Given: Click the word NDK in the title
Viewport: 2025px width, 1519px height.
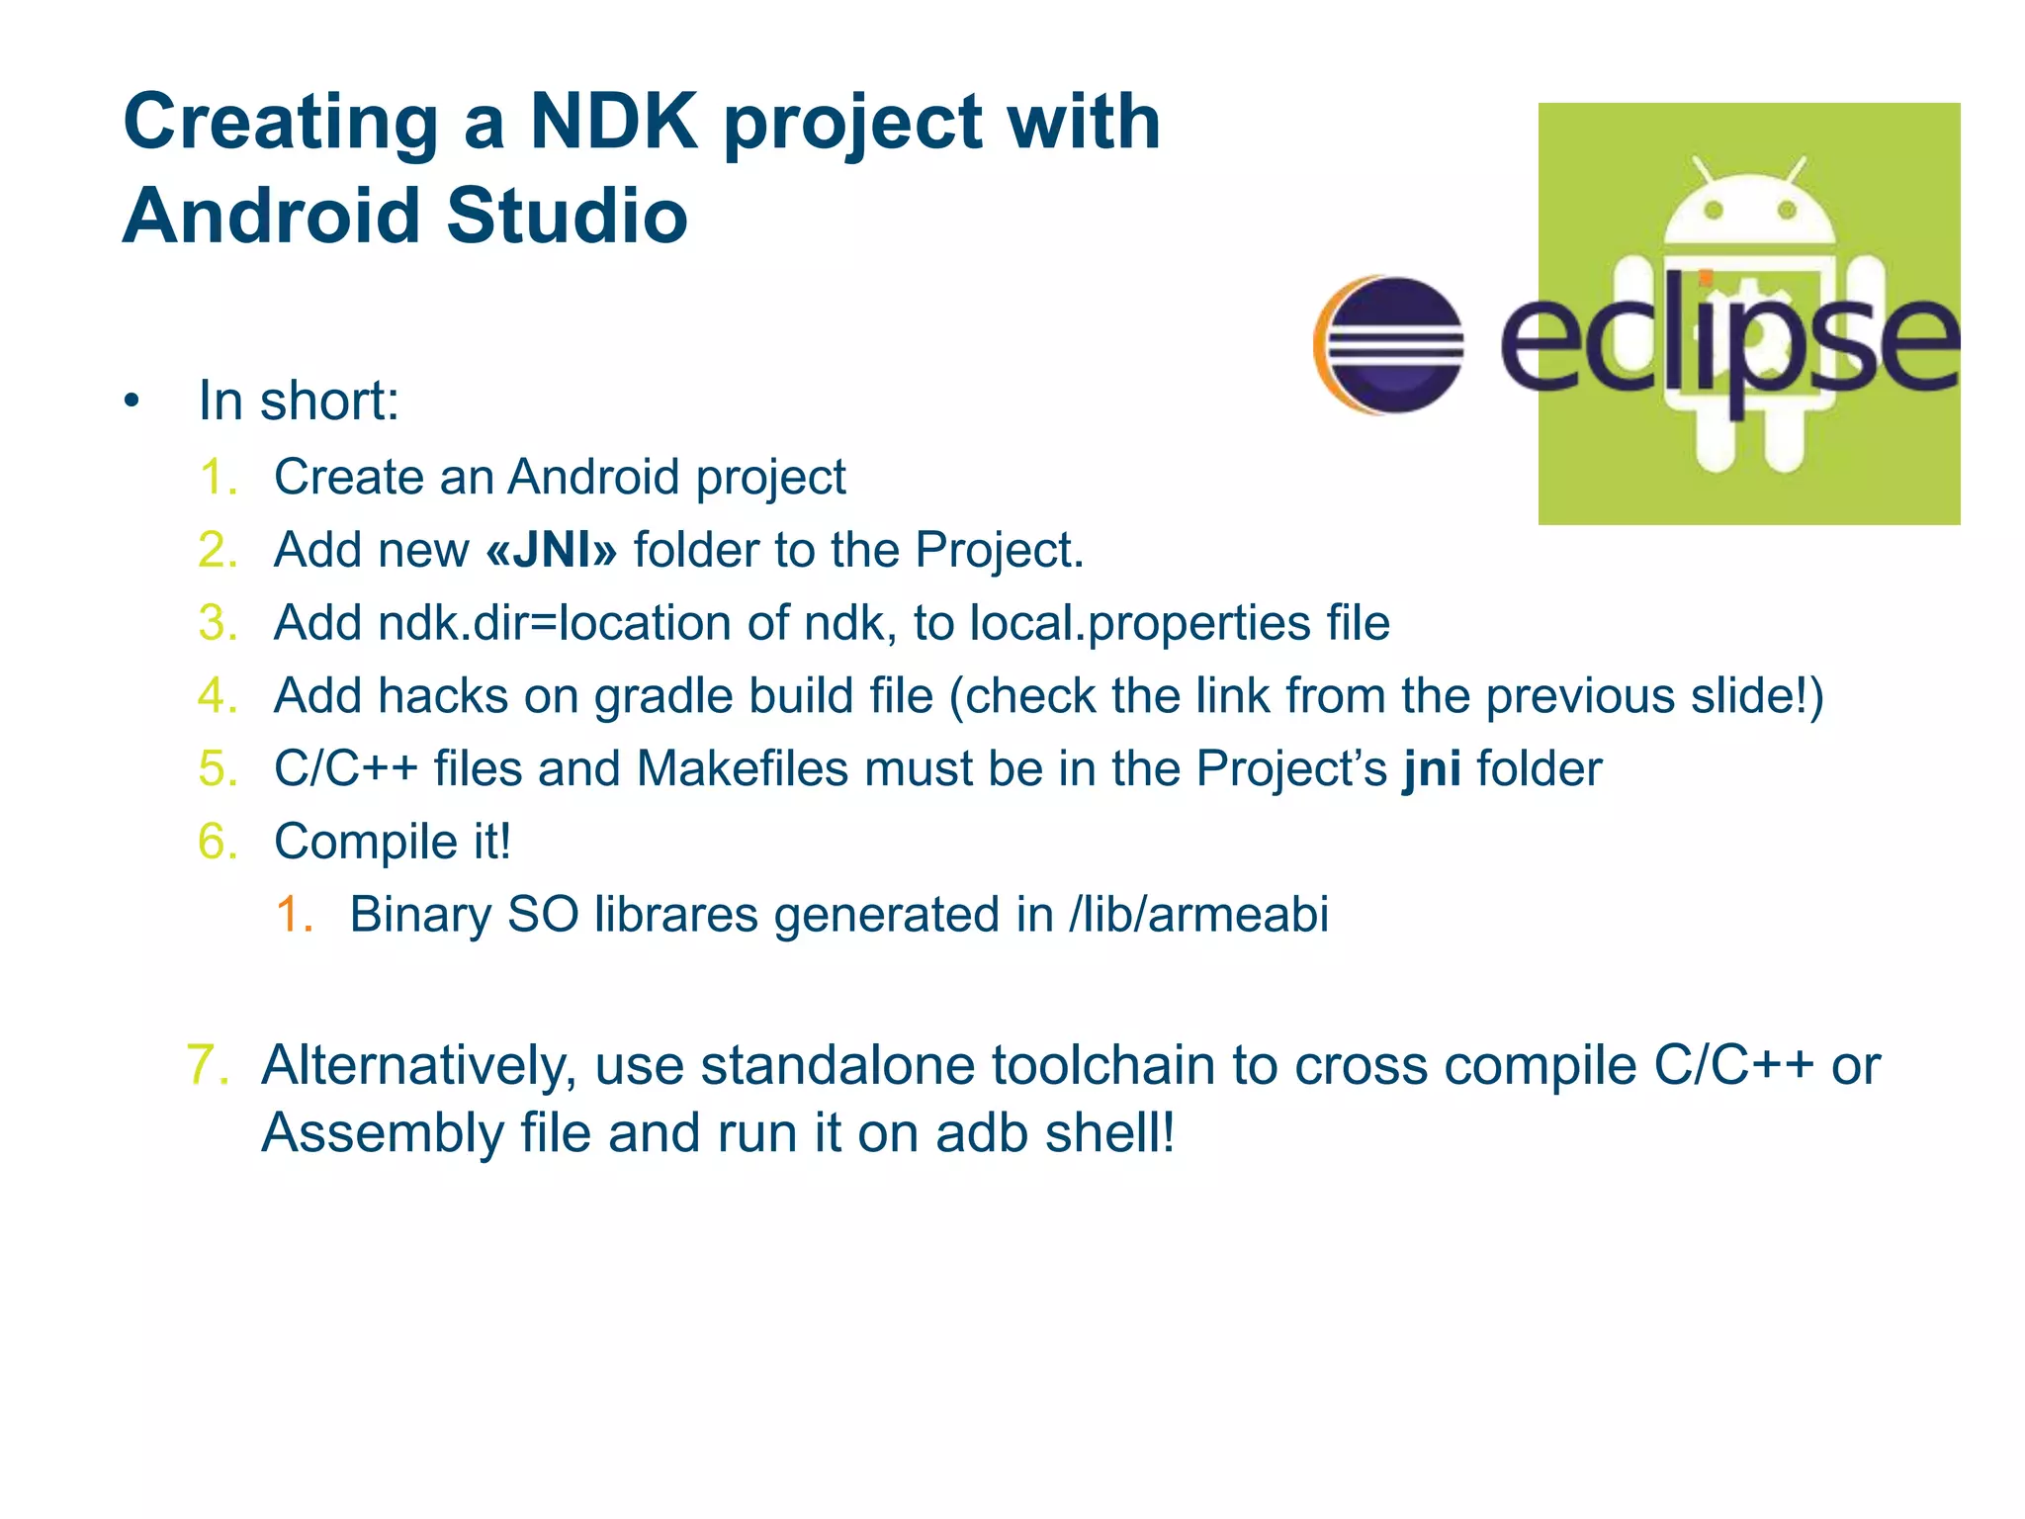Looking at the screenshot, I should (x=613, y=123).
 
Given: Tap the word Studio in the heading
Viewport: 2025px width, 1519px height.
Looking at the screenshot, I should (x=567, y=216).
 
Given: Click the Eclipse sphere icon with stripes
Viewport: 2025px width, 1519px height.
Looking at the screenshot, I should (x=1390, y=345).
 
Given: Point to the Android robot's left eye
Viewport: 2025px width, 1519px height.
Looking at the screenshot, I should (x=1714, y=210).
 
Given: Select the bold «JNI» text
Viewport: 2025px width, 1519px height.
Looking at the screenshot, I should (x=551, y=550).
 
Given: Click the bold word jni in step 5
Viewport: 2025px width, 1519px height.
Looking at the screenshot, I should (x=1432, y=769).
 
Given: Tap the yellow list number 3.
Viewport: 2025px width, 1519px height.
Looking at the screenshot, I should (x=218, y=623).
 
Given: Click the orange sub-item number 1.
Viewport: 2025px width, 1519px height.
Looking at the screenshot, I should (x=294, y=914).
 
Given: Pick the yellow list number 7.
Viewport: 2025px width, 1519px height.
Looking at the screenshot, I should (x=208, y=1065).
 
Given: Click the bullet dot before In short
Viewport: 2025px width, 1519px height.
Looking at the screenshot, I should (x=132, y=402).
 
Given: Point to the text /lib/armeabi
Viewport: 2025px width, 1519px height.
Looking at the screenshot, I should (x=1198, y=914).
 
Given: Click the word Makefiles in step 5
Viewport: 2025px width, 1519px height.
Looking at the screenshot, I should (x=742, y=769).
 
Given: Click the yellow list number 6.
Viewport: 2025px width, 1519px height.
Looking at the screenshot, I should (x=218, y=842).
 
